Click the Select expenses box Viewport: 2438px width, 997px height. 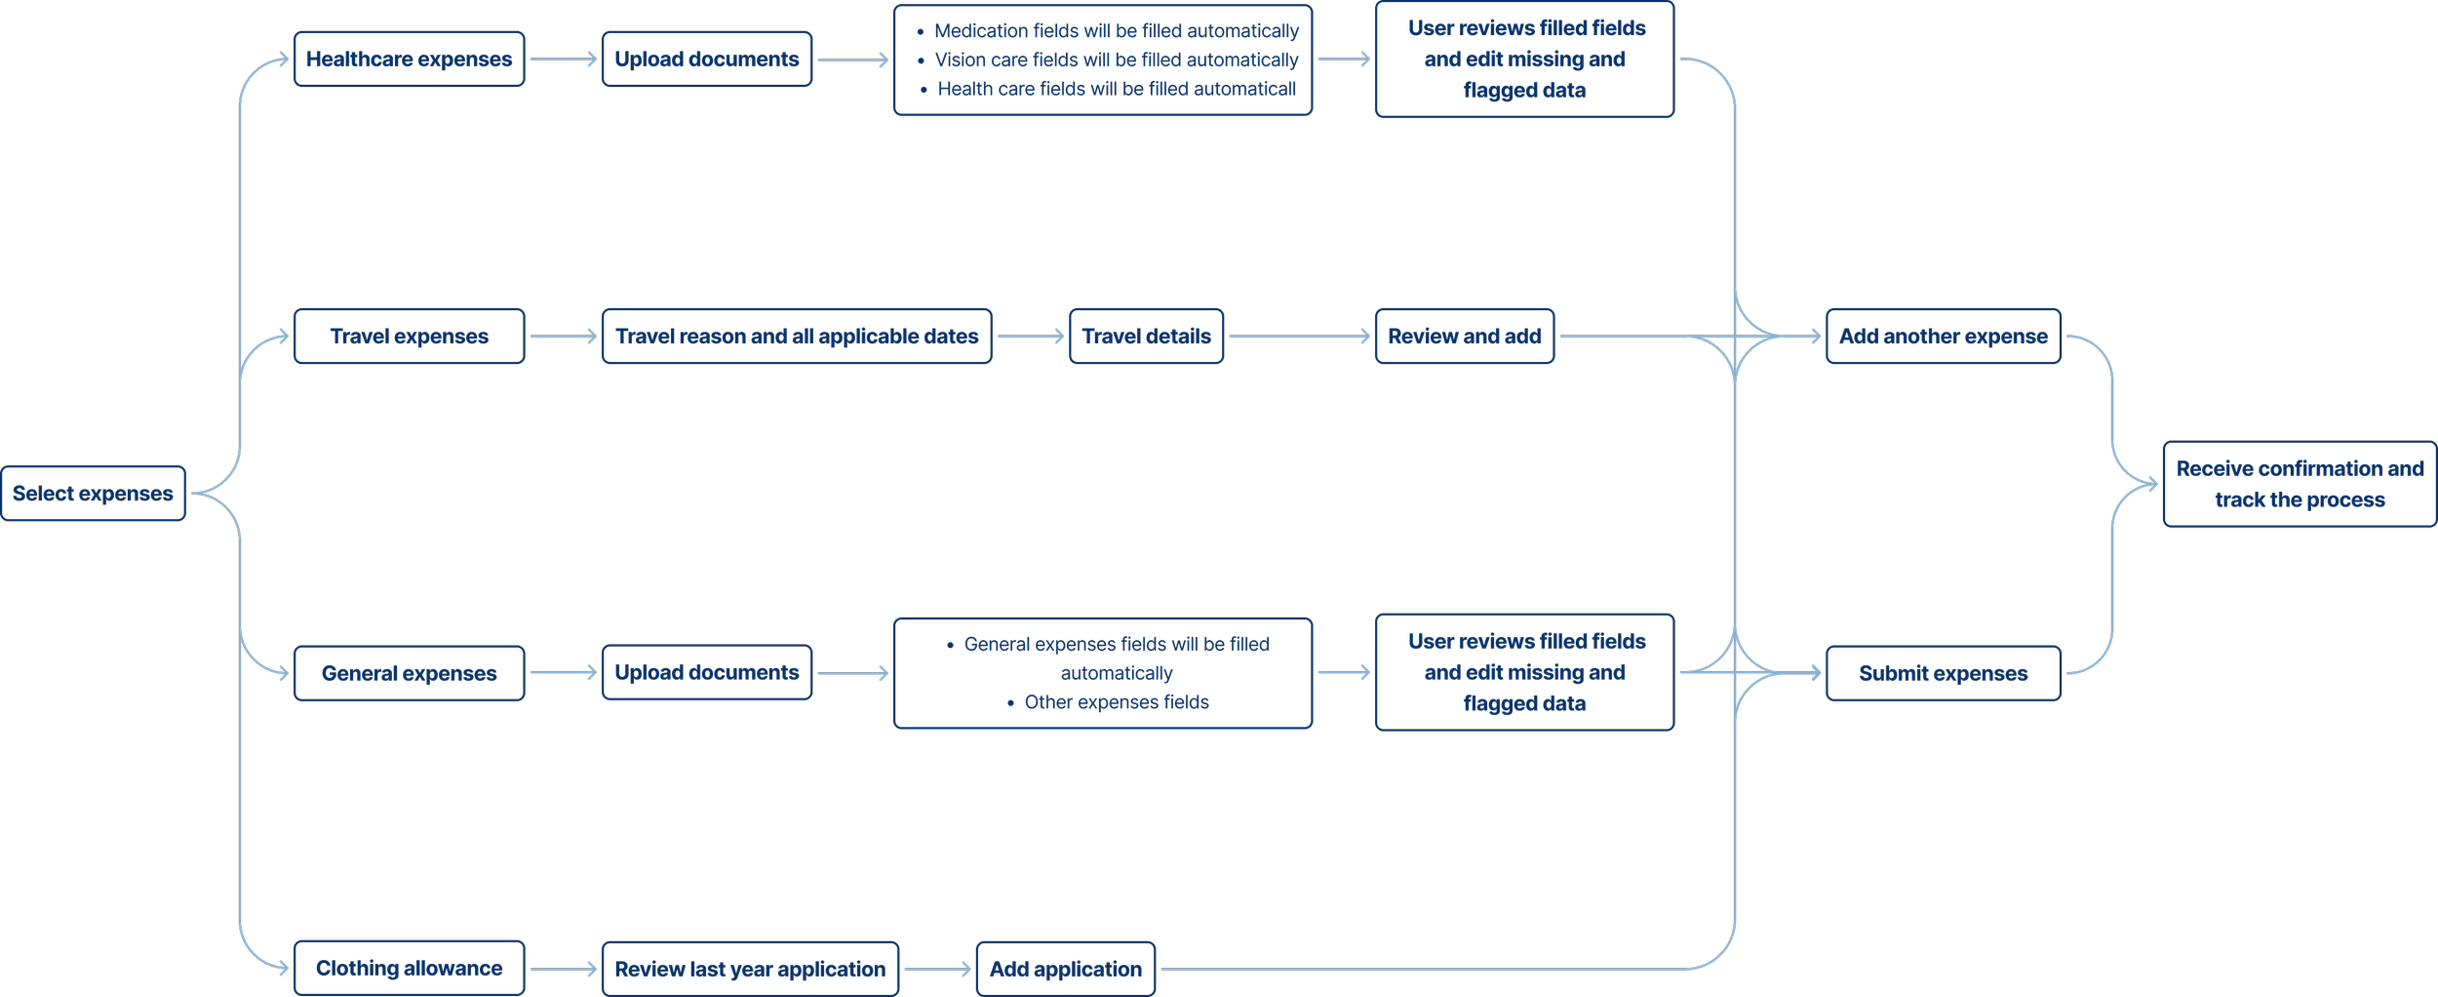(93, 494)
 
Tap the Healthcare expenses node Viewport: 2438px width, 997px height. (409, 60)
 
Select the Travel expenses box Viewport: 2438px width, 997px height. (409, 337)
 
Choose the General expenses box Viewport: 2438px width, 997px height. (409, 673)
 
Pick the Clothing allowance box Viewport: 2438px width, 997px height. (409, 969)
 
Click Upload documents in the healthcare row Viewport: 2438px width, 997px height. (706, 60)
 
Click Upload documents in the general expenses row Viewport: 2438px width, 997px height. (706, 672)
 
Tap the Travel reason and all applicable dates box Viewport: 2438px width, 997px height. (797, 337)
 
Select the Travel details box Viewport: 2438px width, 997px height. (1146, 337)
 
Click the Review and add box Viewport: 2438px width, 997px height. (1464, 337)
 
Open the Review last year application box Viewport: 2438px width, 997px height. (750, 970)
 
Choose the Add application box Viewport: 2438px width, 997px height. (1065, 970)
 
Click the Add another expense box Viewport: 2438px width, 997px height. (1943, 337)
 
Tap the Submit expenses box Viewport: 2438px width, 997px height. (1943, 673)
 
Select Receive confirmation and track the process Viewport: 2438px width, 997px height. (2300, 484)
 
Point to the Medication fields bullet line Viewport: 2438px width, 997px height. (1116, 31)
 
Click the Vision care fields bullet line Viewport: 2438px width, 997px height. (1116, 60)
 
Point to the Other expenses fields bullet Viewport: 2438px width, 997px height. (1116, 702)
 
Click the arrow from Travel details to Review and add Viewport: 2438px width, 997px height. (1299, 337)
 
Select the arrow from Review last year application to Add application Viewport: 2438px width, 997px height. (937, 970)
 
